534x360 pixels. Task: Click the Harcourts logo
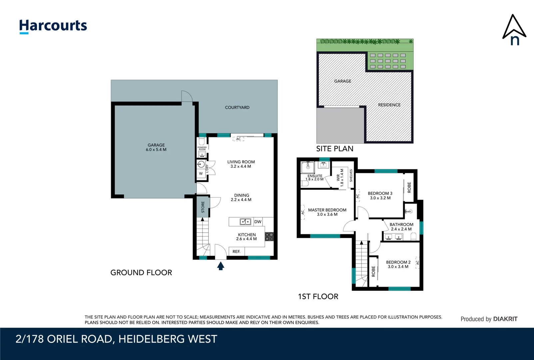(x=53, y=26)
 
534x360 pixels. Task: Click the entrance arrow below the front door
(x=221, y=266)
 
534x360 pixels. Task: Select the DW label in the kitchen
(x=258, y=222)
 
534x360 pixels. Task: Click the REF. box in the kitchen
(x=237, y=252)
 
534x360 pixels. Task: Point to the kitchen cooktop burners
(x=269, y=237)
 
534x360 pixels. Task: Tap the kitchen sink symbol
(x=245, y=222)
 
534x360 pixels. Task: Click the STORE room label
(x=203, y=207)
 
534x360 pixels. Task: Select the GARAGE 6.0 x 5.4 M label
(x=156, y=147)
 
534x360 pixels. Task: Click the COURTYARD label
(x=237, y=107)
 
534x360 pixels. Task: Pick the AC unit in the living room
(x=238, y=139)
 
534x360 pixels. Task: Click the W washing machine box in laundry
(x=201, y=174)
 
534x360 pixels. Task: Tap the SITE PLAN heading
(x=334, y=149)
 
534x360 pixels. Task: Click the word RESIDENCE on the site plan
(x=389, y=105)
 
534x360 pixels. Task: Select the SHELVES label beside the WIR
(x=351, y=176)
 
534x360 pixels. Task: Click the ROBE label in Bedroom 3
(x=409, y=187)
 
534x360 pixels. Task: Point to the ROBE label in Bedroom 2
(x=373, y=271)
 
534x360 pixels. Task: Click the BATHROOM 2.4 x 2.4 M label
(x=401, y=227)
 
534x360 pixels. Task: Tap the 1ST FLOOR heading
(x=318, y=296)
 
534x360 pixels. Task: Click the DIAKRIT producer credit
(x=505, y=319)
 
